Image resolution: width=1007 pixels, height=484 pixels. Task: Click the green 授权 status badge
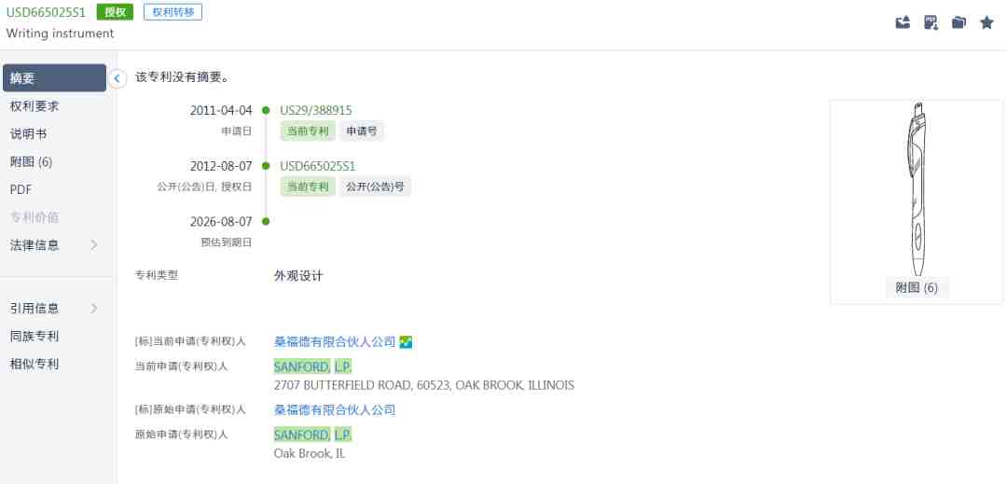[115, 11]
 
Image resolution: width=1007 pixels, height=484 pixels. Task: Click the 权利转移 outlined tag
[172, 11]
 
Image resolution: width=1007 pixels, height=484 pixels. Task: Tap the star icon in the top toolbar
[986, 23]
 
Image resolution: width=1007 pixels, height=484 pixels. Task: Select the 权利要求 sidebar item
[34, 106]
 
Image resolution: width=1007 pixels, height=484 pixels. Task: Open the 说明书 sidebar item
[28, 134]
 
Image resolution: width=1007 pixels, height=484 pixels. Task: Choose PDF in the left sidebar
[21, 190]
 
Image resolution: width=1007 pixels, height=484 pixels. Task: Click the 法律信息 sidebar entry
[34, 245]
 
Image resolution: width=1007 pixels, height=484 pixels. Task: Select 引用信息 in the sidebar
[34, 308]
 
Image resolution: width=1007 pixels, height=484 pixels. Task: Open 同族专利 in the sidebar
[34, 337]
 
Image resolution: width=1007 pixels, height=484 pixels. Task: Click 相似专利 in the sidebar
[34, 364]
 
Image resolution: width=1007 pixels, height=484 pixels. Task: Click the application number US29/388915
[316, 110]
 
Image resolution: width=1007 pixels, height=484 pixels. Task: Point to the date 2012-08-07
[221, 166]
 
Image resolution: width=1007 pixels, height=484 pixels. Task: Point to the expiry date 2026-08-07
[221, 222]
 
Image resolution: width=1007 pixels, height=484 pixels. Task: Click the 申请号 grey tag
[362, 131]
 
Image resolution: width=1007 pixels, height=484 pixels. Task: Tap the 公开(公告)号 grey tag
[375, 187]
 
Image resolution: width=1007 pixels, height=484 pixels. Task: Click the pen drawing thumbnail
[917, 189]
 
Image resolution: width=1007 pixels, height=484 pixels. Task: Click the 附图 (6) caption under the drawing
[917, 288]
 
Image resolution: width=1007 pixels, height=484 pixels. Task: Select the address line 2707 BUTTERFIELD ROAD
[424, 386]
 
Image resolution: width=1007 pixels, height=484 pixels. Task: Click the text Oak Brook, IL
[310, 453]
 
